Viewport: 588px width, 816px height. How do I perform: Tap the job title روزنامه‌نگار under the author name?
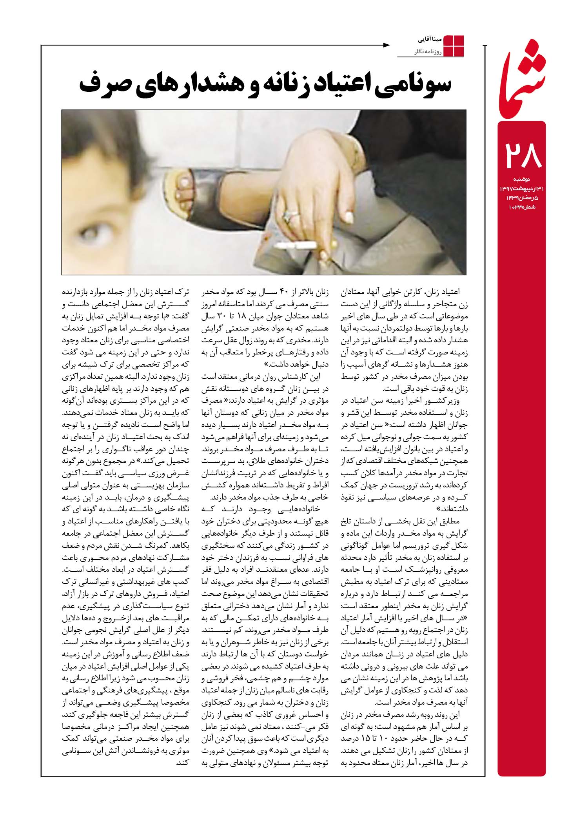[428, 51]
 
